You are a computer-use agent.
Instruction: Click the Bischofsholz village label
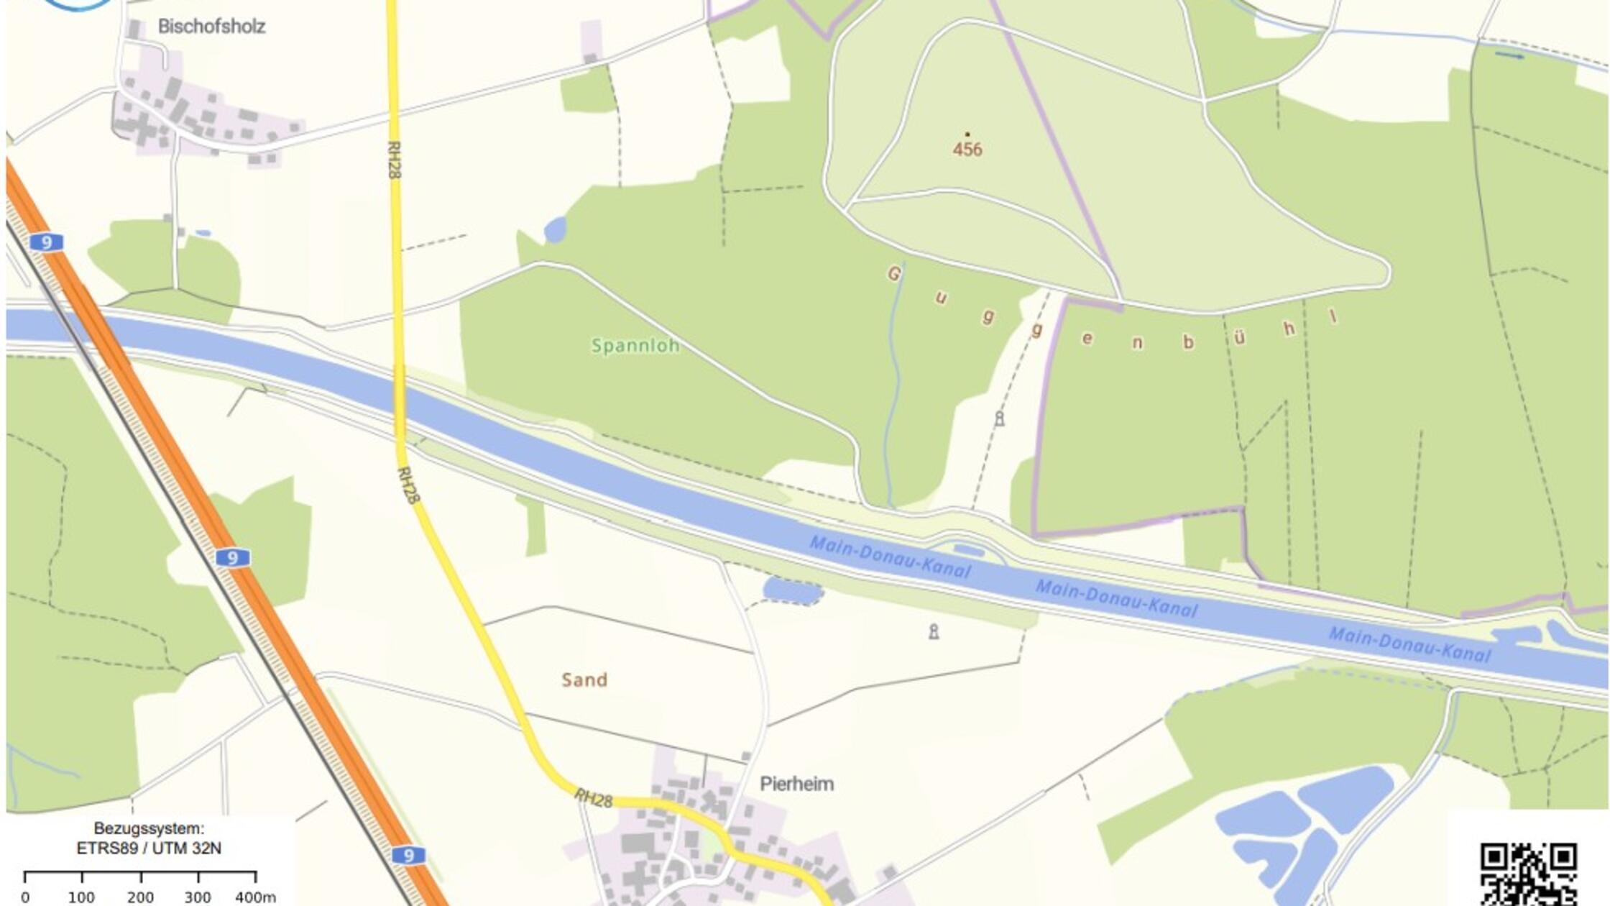tap(211, 27)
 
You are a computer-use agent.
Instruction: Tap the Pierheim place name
tap(796, 784)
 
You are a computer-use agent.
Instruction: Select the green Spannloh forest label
tap(635, 346)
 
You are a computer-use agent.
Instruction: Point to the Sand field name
tap(584, 679)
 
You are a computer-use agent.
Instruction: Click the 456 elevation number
tap(967, 150)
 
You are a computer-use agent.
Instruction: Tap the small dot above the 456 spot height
tap(967, 134)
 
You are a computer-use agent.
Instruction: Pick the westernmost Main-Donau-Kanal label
tap(890, 557)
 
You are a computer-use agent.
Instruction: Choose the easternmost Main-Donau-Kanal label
tap(1409, 645)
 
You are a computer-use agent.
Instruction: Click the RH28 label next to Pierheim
tap(593, 798)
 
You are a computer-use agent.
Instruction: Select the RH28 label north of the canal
tap(394, 159)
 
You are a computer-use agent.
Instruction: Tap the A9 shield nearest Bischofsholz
tap(47, 242)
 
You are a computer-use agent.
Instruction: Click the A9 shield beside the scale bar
tap(408, 855)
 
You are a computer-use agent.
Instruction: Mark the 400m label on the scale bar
tap(255, 897)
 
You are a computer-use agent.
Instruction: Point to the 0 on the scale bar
tap(25, 897)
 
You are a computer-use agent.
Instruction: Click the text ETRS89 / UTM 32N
tap(149, 848)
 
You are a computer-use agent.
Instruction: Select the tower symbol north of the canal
tap(999, 418)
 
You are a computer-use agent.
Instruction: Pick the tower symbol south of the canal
tap(934, 631)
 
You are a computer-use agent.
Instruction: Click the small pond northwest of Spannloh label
tap(555, 230)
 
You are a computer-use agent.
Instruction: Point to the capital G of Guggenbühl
tap(894, 274)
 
